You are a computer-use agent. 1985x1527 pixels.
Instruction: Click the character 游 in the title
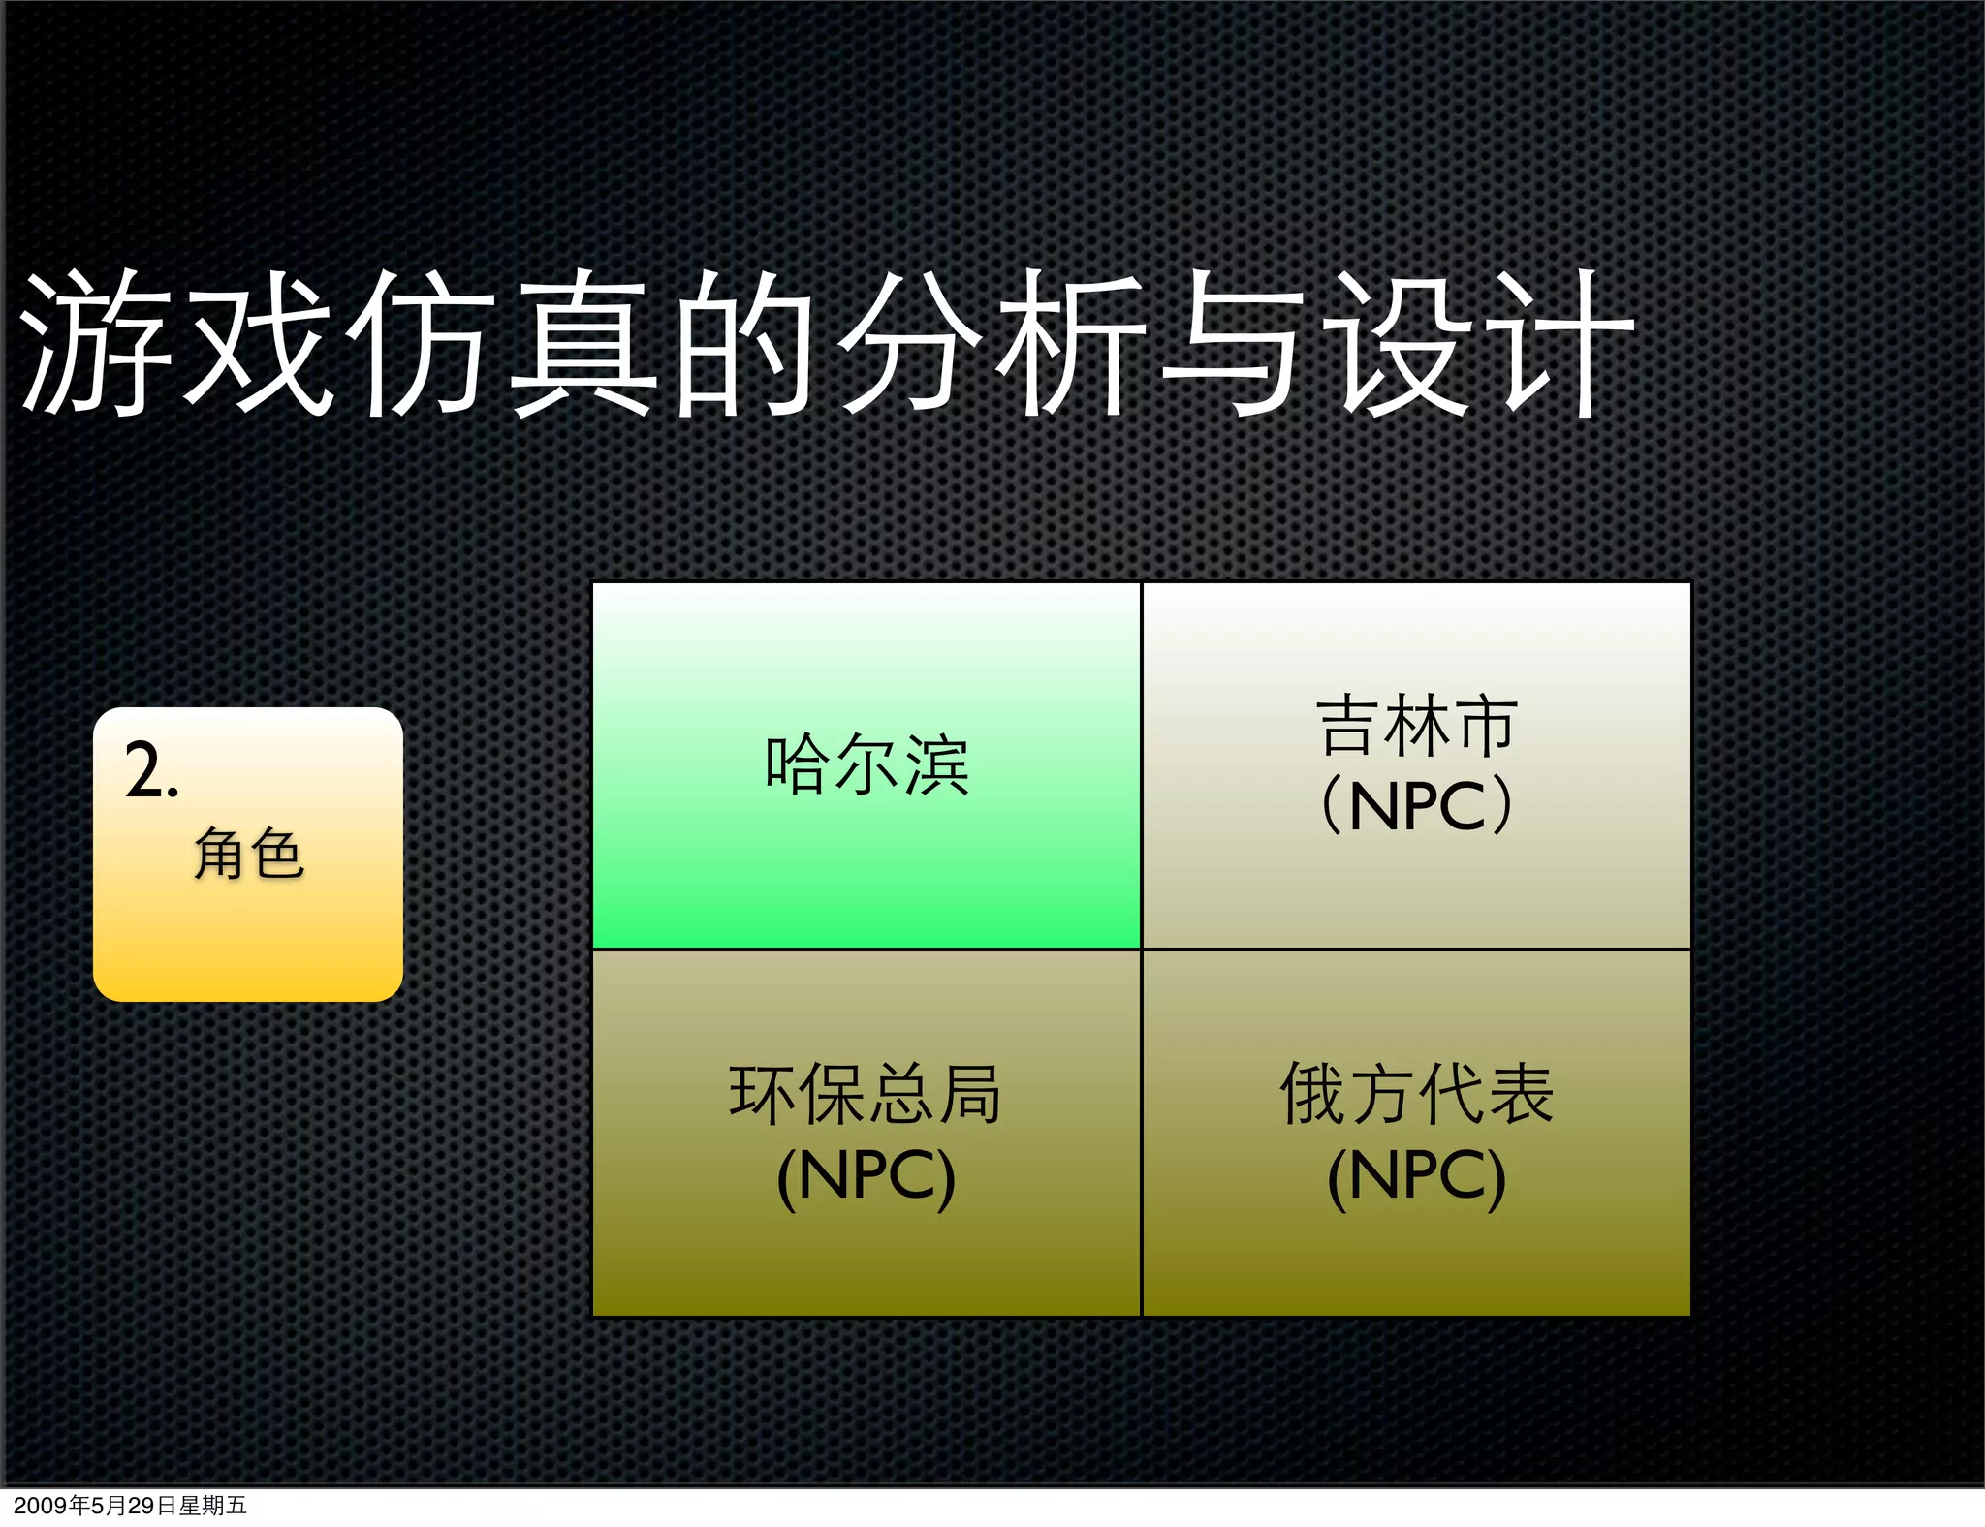coord(97,344)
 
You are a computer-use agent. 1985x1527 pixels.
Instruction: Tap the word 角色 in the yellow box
coord(249,855)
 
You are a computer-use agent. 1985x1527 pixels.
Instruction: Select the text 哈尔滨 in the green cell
coord(866,765)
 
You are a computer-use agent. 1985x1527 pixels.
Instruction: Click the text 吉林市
coord(1416,727)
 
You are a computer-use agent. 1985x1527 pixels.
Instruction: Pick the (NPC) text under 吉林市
coord(1416,806)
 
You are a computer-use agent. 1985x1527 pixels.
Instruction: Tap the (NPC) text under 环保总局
coord(866,1177)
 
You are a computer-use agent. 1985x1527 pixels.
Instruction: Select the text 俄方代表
coord(1416,1095)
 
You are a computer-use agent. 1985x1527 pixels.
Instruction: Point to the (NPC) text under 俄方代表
coord(1416,1177)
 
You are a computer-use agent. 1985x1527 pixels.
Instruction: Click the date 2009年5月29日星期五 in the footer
coord(130,1506)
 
